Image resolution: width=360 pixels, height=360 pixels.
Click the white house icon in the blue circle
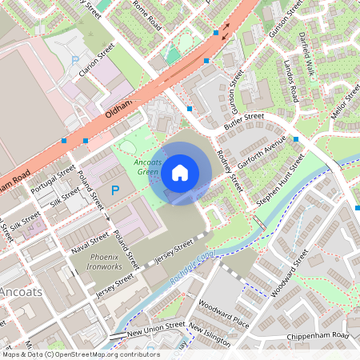tap(180, 172)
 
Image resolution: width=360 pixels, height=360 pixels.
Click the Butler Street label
tap(244, 117)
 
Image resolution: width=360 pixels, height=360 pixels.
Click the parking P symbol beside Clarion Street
tap(75, 60)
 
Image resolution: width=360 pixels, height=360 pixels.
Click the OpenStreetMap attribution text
tap(80, 354)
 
